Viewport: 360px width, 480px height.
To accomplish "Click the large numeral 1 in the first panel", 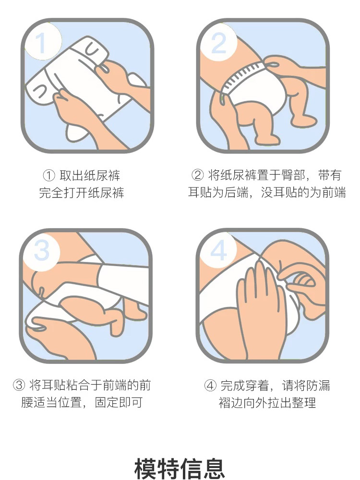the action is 41,43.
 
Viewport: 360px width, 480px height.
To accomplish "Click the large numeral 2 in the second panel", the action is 219,43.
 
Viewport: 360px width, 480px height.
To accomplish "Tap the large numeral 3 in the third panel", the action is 42,251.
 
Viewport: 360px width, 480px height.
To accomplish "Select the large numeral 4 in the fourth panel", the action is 219,250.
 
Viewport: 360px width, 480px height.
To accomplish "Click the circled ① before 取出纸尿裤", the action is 48,176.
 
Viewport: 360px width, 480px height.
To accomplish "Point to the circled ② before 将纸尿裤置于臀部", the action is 198,175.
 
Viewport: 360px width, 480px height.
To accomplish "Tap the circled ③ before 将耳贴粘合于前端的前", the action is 19,385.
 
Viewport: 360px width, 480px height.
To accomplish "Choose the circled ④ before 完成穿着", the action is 210,386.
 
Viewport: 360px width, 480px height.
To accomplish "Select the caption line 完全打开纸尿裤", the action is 82,193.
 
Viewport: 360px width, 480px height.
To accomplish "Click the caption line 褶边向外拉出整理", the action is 267,402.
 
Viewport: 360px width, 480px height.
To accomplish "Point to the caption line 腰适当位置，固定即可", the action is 82,402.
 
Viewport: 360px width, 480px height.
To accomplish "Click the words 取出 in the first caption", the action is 72,176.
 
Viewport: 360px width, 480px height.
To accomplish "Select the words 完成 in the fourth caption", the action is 233,386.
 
